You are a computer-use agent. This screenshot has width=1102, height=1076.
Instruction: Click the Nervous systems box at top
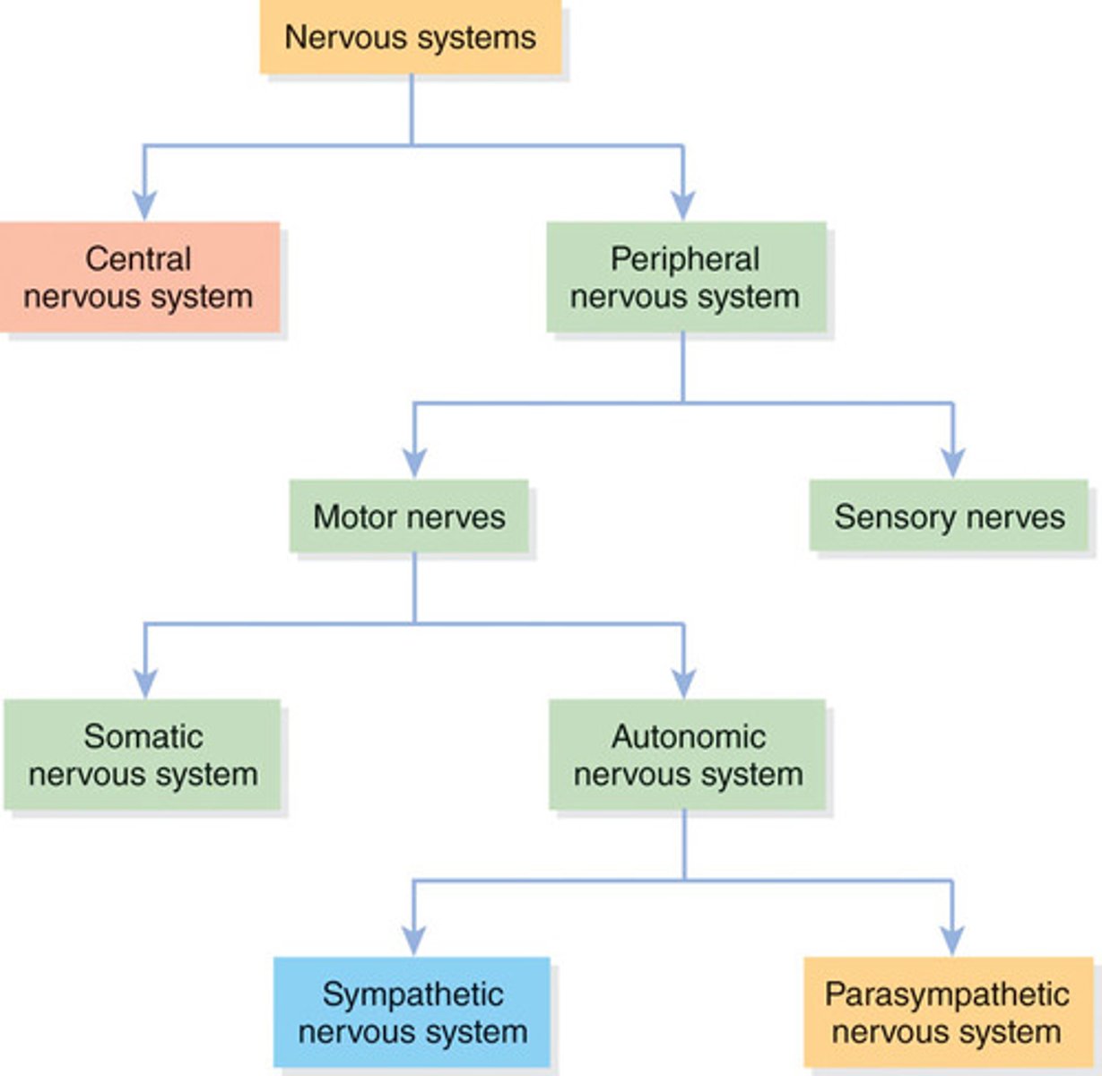[411, 38]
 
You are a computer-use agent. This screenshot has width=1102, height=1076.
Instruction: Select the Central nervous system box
[139, 278]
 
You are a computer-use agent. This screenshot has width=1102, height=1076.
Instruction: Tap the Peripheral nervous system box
[686, 278]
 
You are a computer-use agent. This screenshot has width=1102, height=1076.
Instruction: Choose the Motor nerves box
[409, 517]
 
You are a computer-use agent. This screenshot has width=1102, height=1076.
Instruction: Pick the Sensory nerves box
[949, 517]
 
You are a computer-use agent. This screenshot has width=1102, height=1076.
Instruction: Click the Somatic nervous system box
[143, 755]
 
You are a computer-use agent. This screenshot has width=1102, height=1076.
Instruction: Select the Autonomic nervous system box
[687, 755]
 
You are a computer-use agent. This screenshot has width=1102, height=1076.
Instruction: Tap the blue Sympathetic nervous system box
[412, 1012]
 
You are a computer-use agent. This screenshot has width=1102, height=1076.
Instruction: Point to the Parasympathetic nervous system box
[947, 1012]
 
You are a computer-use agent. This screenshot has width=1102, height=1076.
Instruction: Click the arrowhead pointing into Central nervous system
[144, 205]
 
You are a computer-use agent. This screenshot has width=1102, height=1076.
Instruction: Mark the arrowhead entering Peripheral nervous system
[683, 205]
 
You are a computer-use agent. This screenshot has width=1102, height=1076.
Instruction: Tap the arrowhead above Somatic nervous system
[144, 683]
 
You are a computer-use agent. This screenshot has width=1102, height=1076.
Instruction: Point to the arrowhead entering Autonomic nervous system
[683, 683]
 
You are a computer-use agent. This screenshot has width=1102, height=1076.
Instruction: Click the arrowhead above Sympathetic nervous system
[413, 941]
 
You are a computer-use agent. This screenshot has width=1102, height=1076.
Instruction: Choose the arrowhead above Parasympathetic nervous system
[951, 941]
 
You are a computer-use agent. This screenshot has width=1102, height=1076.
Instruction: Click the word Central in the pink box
[138, 259]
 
